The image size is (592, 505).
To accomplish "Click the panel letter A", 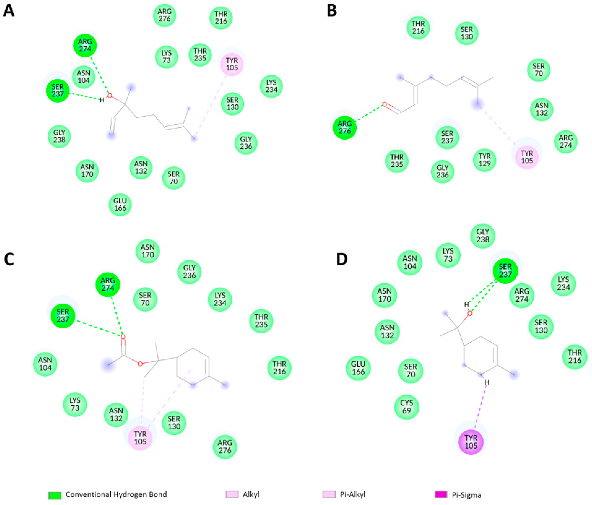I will point(9,11).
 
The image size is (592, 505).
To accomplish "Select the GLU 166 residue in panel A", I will point(120,205).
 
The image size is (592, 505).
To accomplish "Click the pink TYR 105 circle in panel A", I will point(232,64).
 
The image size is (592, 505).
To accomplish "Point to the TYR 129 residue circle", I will point(484,160).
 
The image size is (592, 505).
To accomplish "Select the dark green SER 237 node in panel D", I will point(505,271).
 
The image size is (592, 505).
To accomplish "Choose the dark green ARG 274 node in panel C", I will point(108,285).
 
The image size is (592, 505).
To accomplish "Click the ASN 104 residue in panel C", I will point(45,364).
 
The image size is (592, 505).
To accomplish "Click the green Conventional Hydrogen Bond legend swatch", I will point(55,495).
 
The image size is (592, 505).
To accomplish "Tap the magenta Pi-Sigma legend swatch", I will point(441,494).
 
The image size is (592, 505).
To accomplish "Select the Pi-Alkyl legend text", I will point(353,494).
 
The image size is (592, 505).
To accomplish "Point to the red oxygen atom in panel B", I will point(384,105).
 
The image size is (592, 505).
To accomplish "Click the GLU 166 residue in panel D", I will point(358,368).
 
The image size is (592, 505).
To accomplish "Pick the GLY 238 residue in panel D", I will point(483,236).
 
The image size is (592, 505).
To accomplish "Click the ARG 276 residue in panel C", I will point(225,446).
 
